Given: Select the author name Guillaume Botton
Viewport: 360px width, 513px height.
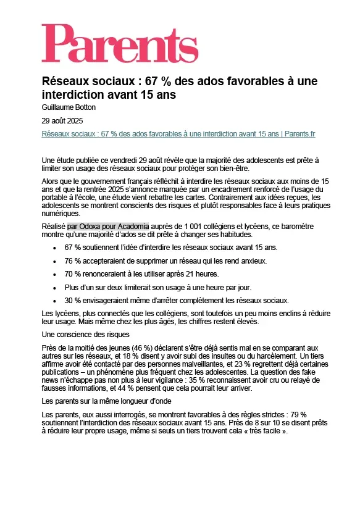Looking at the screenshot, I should [69, 107].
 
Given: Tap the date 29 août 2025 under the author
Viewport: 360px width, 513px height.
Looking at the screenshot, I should [62, 121].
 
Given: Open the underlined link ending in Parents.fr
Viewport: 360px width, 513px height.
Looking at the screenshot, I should [178, 134].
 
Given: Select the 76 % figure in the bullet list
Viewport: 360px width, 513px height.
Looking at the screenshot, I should [73, 261].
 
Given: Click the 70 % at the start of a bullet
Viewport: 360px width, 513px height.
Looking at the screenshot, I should [73, 273].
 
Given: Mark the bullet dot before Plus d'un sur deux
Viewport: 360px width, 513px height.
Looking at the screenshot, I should [56, 287].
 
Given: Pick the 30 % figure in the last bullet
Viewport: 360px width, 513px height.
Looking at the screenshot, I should [73, 300].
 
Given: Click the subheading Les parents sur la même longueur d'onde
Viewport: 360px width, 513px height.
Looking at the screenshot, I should [109, 402].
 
